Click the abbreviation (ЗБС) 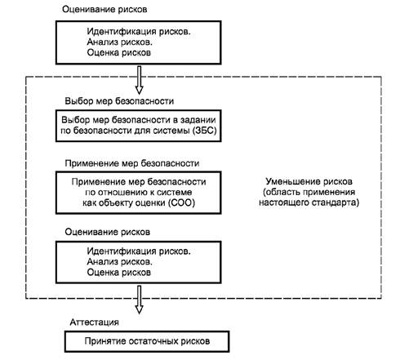pos(204,131)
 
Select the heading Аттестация pos(95,322)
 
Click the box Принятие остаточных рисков pos(147,341)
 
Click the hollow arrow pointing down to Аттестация pos(139,300)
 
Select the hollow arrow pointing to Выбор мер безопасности pos(139,80)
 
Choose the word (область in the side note pos(281,192)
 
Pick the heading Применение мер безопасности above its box pos(132,163)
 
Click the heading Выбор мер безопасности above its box pos(119,101)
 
